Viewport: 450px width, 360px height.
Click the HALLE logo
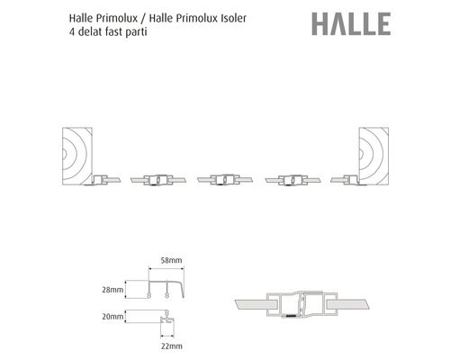pos(351,23)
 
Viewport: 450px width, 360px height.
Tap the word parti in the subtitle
pos(137,31)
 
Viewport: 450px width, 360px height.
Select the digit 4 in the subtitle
pos(72,31)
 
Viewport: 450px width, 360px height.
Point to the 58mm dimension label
pos(171,260)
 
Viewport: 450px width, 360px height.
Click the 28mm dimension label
pos(112,290)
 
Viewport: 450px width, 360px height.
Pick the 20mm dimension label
pos(112,317)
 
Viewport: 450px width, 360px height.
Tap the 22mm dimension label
pos(171,346)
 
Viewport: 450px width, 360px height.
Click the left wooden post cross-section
pos(77,156)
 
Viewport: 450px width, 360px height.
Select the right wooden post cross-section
pos(373,156)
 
